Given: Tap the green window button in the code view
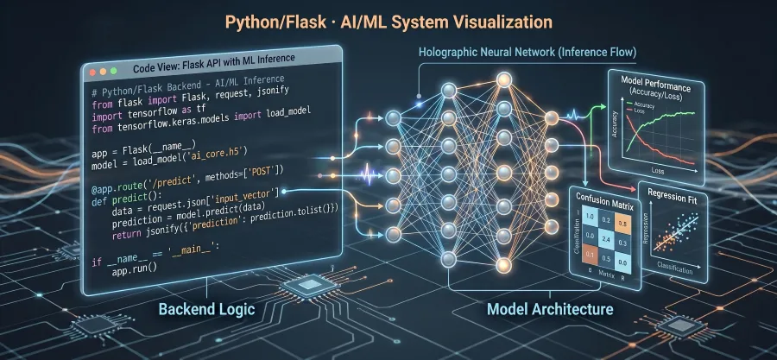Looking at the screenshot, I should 111,68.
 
